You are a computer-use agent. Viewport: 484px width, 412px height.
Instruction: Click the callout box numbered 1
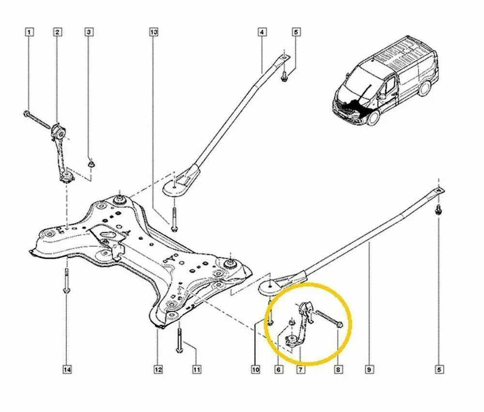pyautogui.click(x=30, y=32)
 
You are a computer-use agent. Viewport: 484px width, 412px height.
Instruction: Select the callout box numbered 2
pyautogui.click(x=57, y=32)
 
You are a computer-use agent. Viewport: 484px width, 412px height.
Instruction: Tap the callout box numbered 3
pyautogui.click(x=89, y=32)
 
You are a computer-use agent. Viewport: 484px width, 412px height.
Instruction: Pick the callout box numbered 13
pyautogui.click(x=153, y=32)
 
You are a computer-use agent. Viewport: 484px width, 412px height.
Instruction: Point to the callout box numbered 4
pyautogui.click(x=261, y=32)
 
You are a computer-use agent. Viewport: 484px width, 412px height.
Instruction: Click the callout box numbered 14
pyautogui.click(x=67, y=370)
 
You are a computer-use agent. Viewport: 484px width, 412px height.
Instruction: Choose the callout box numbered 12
pyautogui.click(x=158, y=370)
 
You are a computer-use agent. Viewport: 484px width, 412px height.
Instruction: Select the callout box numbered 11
pyautogui.click(x=197, y=370)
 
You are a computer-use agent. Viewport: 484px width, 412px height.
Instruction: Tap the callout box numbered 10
pyautogui.click(x=256, y=370)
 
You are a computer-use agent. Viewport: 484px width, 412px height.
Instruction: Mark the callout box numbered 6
pyautogui.click(x=278, y=370)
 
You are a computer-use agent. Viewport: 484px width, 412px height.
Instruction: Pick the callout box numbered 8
pyautogui.click(x=338, y=370)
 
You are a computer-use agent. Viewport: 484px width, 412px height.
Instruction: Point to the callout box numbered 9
pyautogui.click(x=369, y=370)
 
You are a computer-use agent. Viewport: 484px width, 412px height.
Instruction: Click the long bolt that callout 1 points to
pyautogui.click(x=38, y=120)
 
